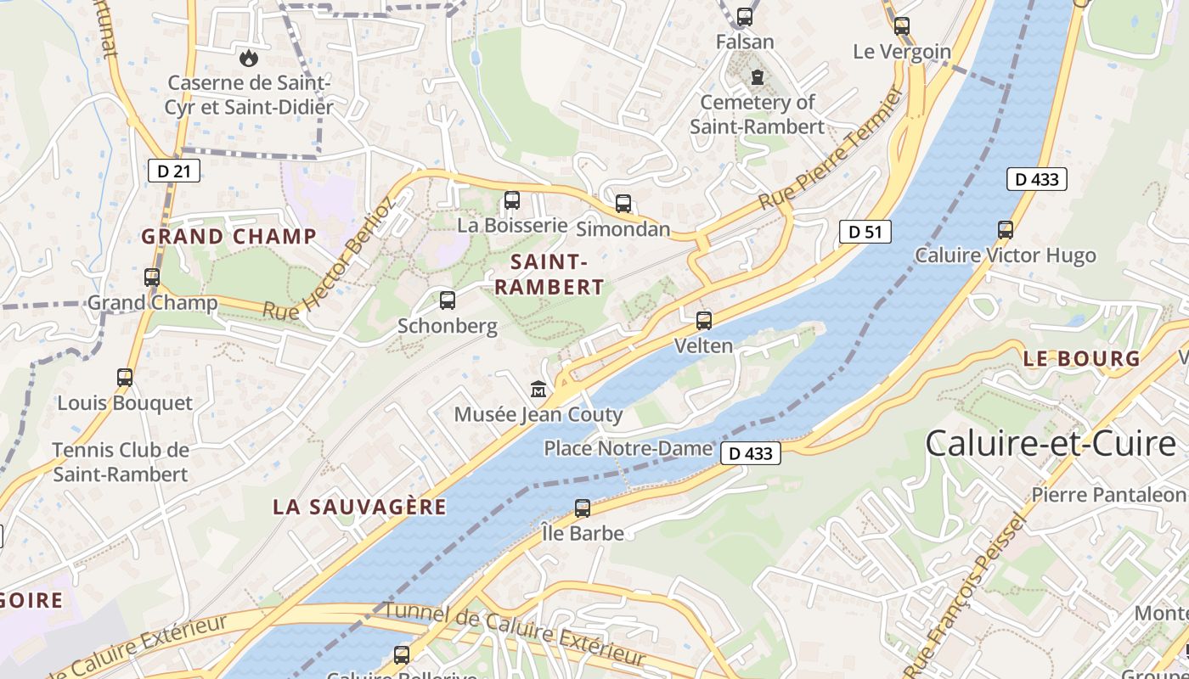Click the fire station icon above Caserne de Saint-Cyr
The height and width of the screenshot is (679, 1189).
pos(248,58)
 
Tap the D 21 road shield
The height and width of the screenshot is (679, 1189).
pos(174,171)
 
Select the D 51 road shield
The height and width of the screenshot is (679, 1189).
pos(865,232)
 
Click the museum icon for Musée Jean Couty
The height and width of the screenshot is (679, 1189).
pos(538,390)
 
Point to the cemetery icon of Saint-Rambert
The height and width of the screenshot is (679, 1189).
pos(757,77)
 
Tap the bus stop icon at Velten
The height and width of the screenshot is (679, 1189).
pos(703,321)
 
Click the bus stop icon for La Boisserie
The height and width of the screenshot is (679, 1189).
pos(512,200)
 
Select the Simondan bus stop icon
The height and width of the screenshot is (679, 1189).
pos(623,204)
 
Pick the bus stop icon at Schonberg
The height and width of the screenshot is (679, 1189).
pos(448,300)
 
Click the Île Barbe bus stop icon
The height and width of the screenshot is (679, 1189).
pos(583,508)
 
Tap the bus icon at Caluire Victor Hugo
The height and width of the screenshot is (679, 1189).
pos(1006,230)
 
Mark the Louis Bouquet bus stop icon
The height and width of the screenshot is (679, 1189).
pos(125,378)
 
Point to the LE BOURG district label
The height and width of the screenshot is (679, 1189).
pos(1081,359)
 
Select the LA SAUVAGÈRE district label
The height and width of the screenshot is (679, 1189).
pos(359,507)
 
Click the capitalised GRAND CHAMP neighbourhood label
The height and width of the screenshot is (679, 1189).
pos(228,237)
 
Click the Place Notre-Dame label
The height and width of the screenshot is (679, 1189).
pos(628,448)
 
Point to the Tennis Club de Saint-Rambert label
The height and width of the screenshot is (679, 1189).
pos(121,462)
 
